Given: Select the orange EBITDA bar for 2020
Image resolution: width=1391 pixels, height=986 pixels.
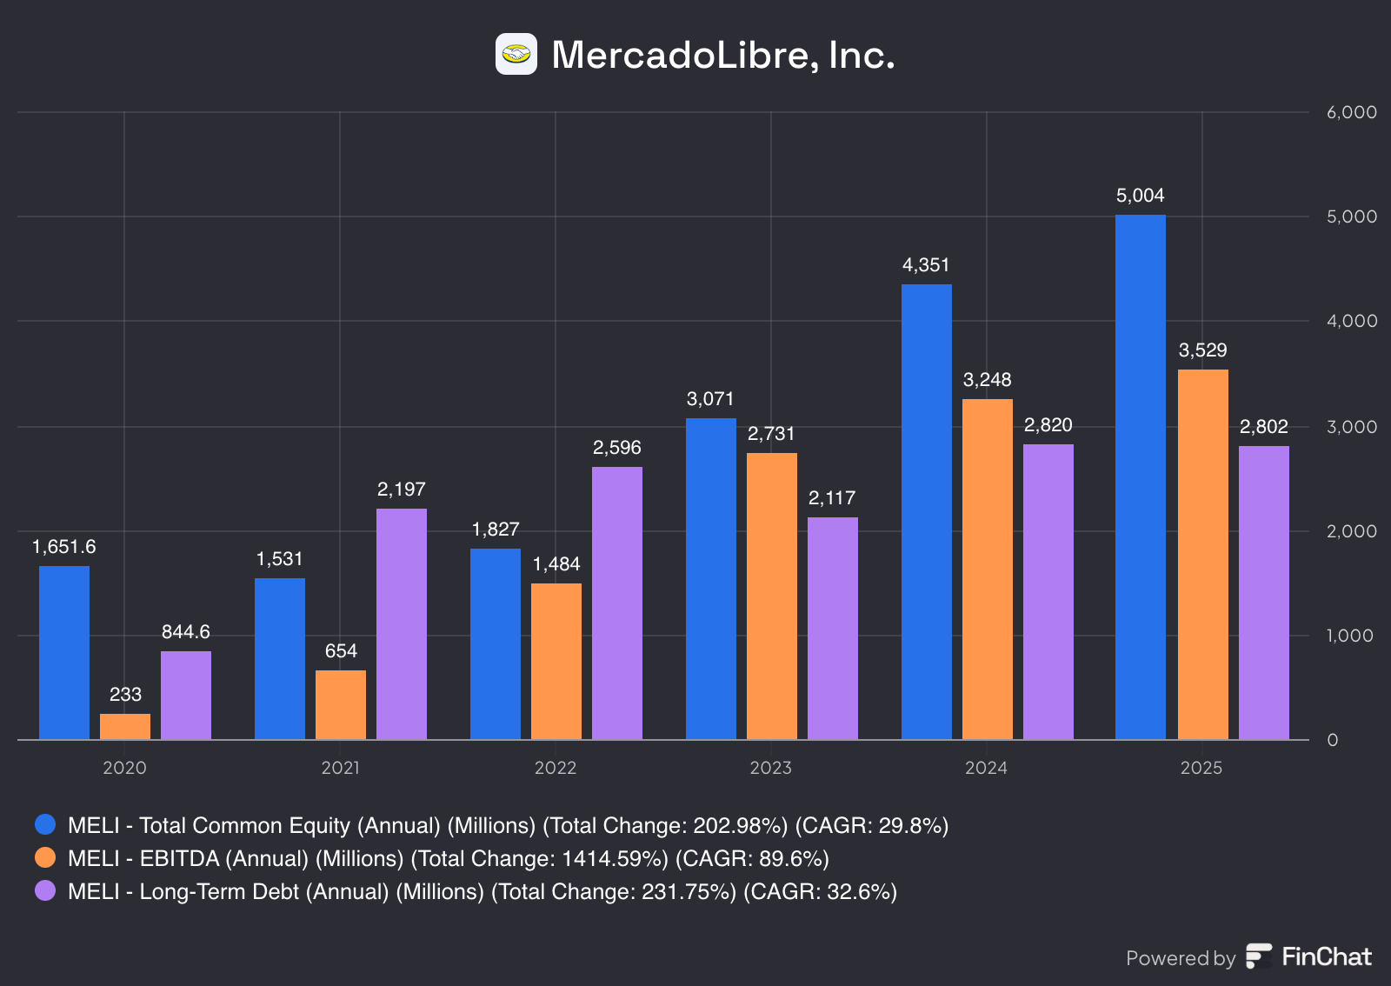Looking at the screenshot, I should pyautogui.click(x=125, y=727).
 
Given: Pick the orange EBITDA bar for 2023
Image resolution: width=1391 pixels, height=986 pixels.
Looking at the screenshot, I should pyautogui.click(x=772, y=596).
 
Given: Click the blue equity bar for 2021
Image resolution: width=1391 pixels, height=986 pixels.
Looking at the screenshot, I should pyautogui.click(x=280, y=658).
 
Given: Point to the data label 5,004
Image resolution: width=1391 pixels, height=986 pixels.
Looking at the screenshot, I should pyautogui.click(x=1140, y=196).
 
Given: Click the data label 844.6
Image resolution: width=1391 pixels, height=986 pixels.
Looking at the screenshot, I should pyautogui.click(x=186, y=632).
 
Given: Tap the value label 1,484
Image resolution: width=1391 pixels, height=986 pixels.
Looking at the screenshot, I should pyautogui.click(x=556, y=564).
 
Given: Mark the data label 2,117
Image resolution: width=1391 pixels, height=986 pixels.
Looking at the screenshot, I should pyautogui.click(x=832, y=498).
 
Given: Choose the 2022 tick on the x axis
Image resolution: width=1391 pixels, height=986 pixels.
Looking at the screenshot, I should pyautogui.click(x=556, y=768).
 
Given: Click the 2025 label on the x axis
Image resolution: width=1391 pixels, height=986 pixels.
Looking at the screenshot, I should pyautogui.click(x=1201, y=768).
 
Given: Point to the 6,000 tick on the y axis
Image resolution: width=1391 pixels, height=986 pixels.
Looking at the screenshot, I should pyautogui.click(x=1351, y=112).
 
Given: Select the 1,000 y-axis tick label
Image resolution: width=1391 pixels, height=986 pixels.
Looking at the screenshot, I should pyautogui.click(x=1351, y=636).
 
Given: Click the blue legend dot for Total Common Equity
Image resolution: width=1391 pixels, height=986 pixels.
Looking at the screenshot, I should pyautogui.click(x=45, y=824).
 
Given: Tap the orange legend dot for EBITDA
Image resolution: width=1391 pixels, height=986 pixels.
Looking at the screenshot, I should pyautogui.click(x=45, y=857).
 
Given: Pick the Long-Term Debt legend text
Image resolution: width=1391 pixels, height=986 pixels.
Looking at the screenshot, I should pyautogui.click(x=483, y=891).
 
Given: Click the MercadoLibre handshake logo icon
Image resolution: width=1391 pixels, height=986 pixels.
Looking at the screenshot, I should pyautogui.click(x=516, y=54).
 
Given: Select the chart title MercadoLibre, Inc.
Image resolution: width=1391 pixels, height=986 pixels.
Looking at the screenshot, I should pyautogui.click(x=722, y=55).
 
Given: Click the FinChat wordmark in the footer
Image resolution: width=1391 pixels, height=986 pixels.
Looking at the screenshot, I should pyautogui.click(x=1326, y=956).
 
